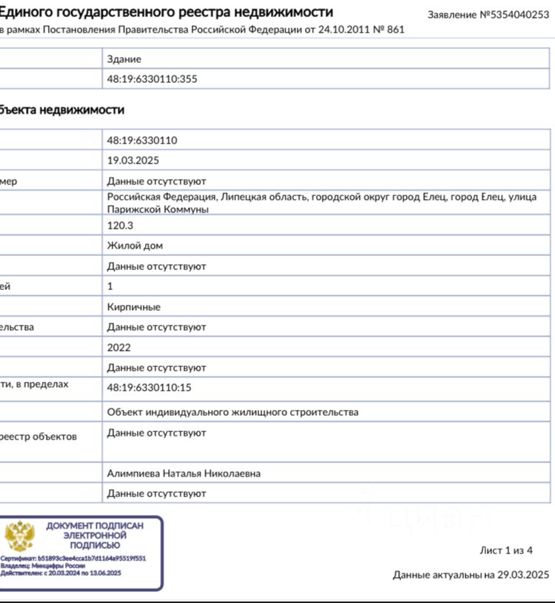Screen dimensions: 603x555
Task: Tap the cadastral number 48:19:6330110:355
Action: (x=152, y=78)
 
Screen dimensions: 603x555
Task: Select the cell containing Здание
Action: (x=124, y=59)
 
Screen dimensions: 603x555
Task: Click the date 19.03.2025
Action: (x=133, y=160)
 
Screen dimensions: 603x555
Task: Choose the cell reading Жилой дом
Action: (x=135, y=246)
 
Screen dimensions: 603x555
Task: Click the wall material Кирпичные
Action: (x=133, y=306)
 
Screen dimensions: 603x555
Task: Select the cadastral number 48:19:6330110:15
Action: (x=149, y=387)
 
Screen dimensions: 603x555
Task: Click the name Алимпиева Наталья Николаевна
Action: (x=184, y=474)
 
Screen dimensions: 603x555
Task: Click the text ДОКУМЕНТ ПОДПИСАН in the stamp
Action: (x=95, y=526)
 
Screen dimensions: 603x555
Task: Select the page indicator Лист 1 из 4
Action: (x=506, y=550)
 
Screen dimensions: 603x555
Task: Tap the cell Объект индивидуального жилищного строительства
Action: (x=232, y=412)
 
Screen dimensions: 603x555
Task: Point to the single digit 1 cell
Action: (x=110, y=286)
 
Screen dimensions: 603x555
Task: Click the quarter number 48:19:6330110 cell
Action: (x=142, y=141)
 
